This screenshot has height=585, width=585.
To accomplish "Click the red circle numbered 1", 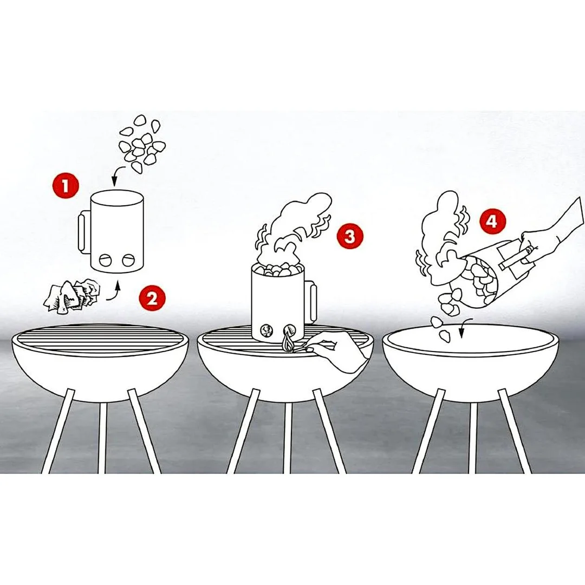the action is point(66,185).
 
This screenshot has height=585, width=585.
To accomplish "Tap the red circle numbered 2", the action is point(152,298).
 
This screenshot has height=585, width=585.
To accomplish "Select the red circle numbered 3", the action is point(349,236).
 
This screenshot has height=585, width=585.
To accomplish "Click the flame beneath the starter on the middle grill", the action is point(287,341).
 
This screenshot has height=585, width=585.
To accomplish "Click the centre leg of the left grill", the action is point(102,437).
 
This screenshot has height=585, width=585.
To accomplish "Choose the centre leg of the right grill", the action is point(473,437).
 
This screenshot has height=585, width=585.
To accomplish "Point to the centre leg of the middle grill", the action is point(288,437).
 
